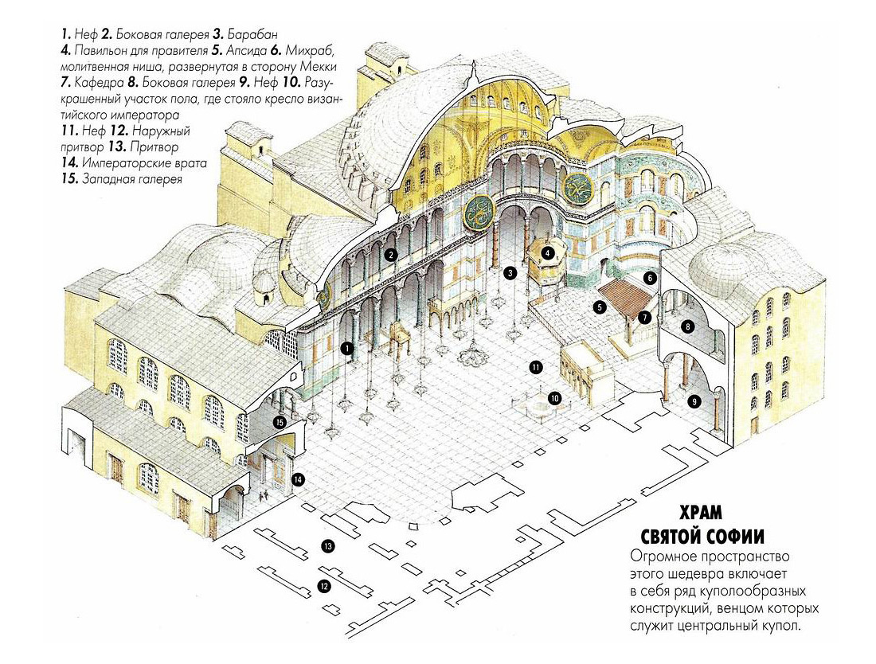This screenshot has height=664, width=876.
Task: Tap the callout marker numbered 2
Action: click(391, 256)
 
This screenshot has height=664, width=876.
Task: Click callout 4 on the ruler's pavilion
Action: click(548, 253)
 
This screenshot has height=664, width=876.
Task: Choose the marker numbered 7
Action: click(644, 317)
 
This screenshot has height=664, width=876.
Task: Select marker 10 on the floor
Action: click(554, 397)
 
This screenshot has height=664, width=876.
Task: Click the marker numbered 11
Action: click(536, 367)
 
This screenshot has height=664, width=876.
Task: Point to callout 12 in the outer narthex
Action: click(323, 587)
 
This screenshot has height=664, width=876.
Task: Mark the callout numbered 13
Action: click(327, 546)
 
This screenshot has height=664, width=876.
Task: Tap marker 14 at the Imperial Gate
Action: click(298, 479)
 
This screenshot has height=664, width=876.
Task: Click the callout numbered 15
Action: click(279, 422)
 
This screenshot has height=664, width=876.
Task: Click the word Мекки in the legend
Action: click(315, 67)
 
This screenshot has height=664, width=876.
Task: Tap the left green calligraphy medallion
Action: click(479, 213)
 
